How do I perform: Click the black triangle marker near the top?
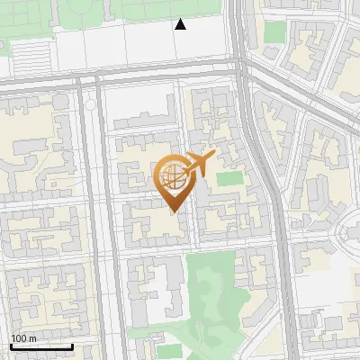pyautogui.click(x=181, y=25)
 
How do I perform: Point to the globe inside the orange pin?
pyautogui.click(x=172, y=177)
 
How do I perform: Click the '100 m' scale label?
pyautogui.click(x=23, y=338)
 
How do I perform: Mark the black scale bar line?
pyautogui.click(x=41, y=346)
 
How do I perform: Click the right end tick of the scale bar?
pyautogui.click(x=72, y=345)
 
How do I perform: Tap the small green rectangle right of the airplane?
pyautogui.click(x=229, y=177)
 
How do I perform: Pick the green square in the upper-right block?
pyautogui.click(x=274, y=32)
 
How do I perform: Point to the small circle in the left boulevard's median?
pyautogui.click(x=90, y=105)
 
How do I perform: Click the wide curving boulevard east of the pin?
pyautogui.click(x=270, y=180)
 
